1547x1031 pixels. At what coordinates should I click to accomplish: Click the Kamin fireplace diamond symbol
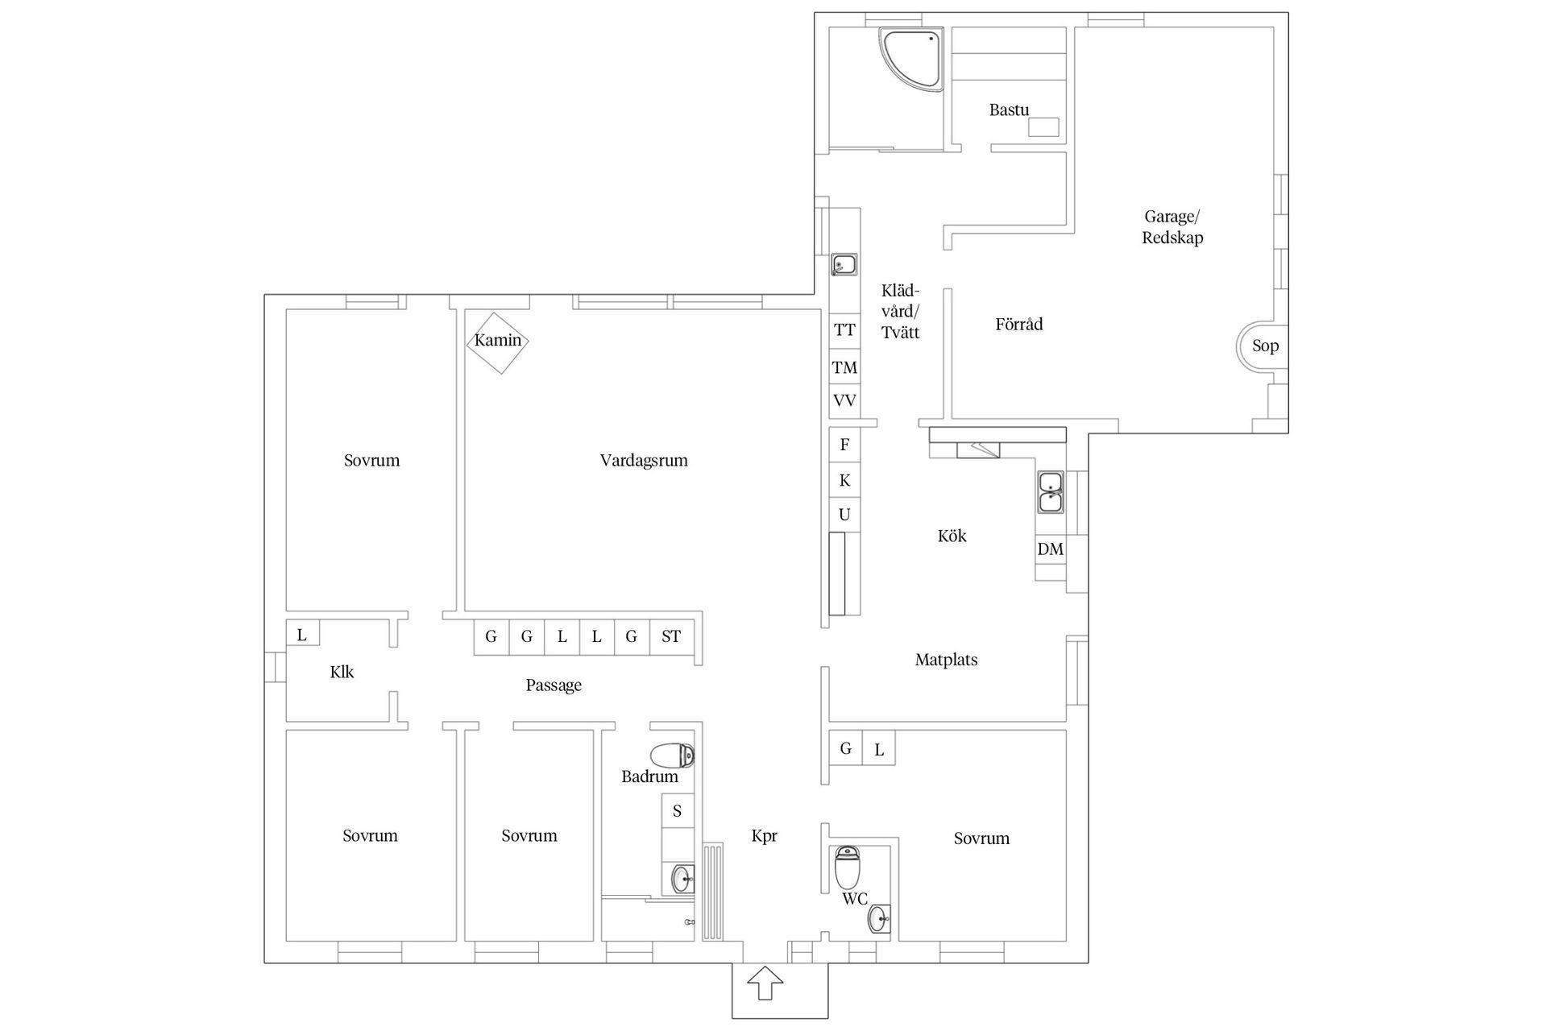tap(498, 342)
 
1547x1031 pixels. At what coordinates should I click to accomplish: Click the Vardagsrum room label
tap(644, 461)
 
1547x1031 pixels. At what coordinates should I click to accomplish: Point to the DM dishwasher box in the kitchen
tap(1050, 549)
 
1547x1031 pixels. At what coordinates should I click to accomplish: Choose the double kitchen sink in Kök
tap(1051, 492)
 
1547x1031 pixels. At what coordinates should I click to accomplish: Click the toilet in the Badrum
tap(672, 756)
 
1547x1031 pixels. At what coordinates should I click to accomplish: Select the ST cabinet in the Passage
tap(671, 637)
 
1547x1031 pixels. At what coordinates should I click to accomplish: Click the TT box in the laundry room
tap(844, 329)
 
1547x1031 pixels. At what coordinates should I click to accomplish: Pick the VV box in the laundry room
tap(844, 401)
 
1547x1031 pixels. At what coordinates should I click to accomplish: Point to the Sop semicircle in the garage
tap(1257, 346)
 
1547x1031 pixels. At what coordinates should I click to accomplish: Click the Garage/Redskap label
tap(1172, 227)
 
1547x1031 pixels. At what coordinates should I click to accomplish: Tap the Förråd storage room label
tap(1019, 325)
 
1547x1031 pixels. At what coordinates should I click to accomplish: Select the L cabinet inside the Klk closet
tap(302, 633)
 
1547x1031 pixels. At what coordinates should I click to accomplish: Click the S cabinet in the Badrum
tap(677, 810)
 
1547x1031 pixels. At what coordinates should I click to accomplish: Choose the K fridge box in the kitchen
tap(844, 480)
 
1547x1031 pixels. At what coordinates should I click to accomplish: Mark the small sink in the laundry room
tap(844, 264)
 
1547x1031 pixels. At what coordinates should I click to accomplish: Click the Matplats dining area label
tap(946, 660)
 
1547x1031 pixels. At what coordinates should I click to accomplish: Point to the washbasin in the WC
tap(879, 918)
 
